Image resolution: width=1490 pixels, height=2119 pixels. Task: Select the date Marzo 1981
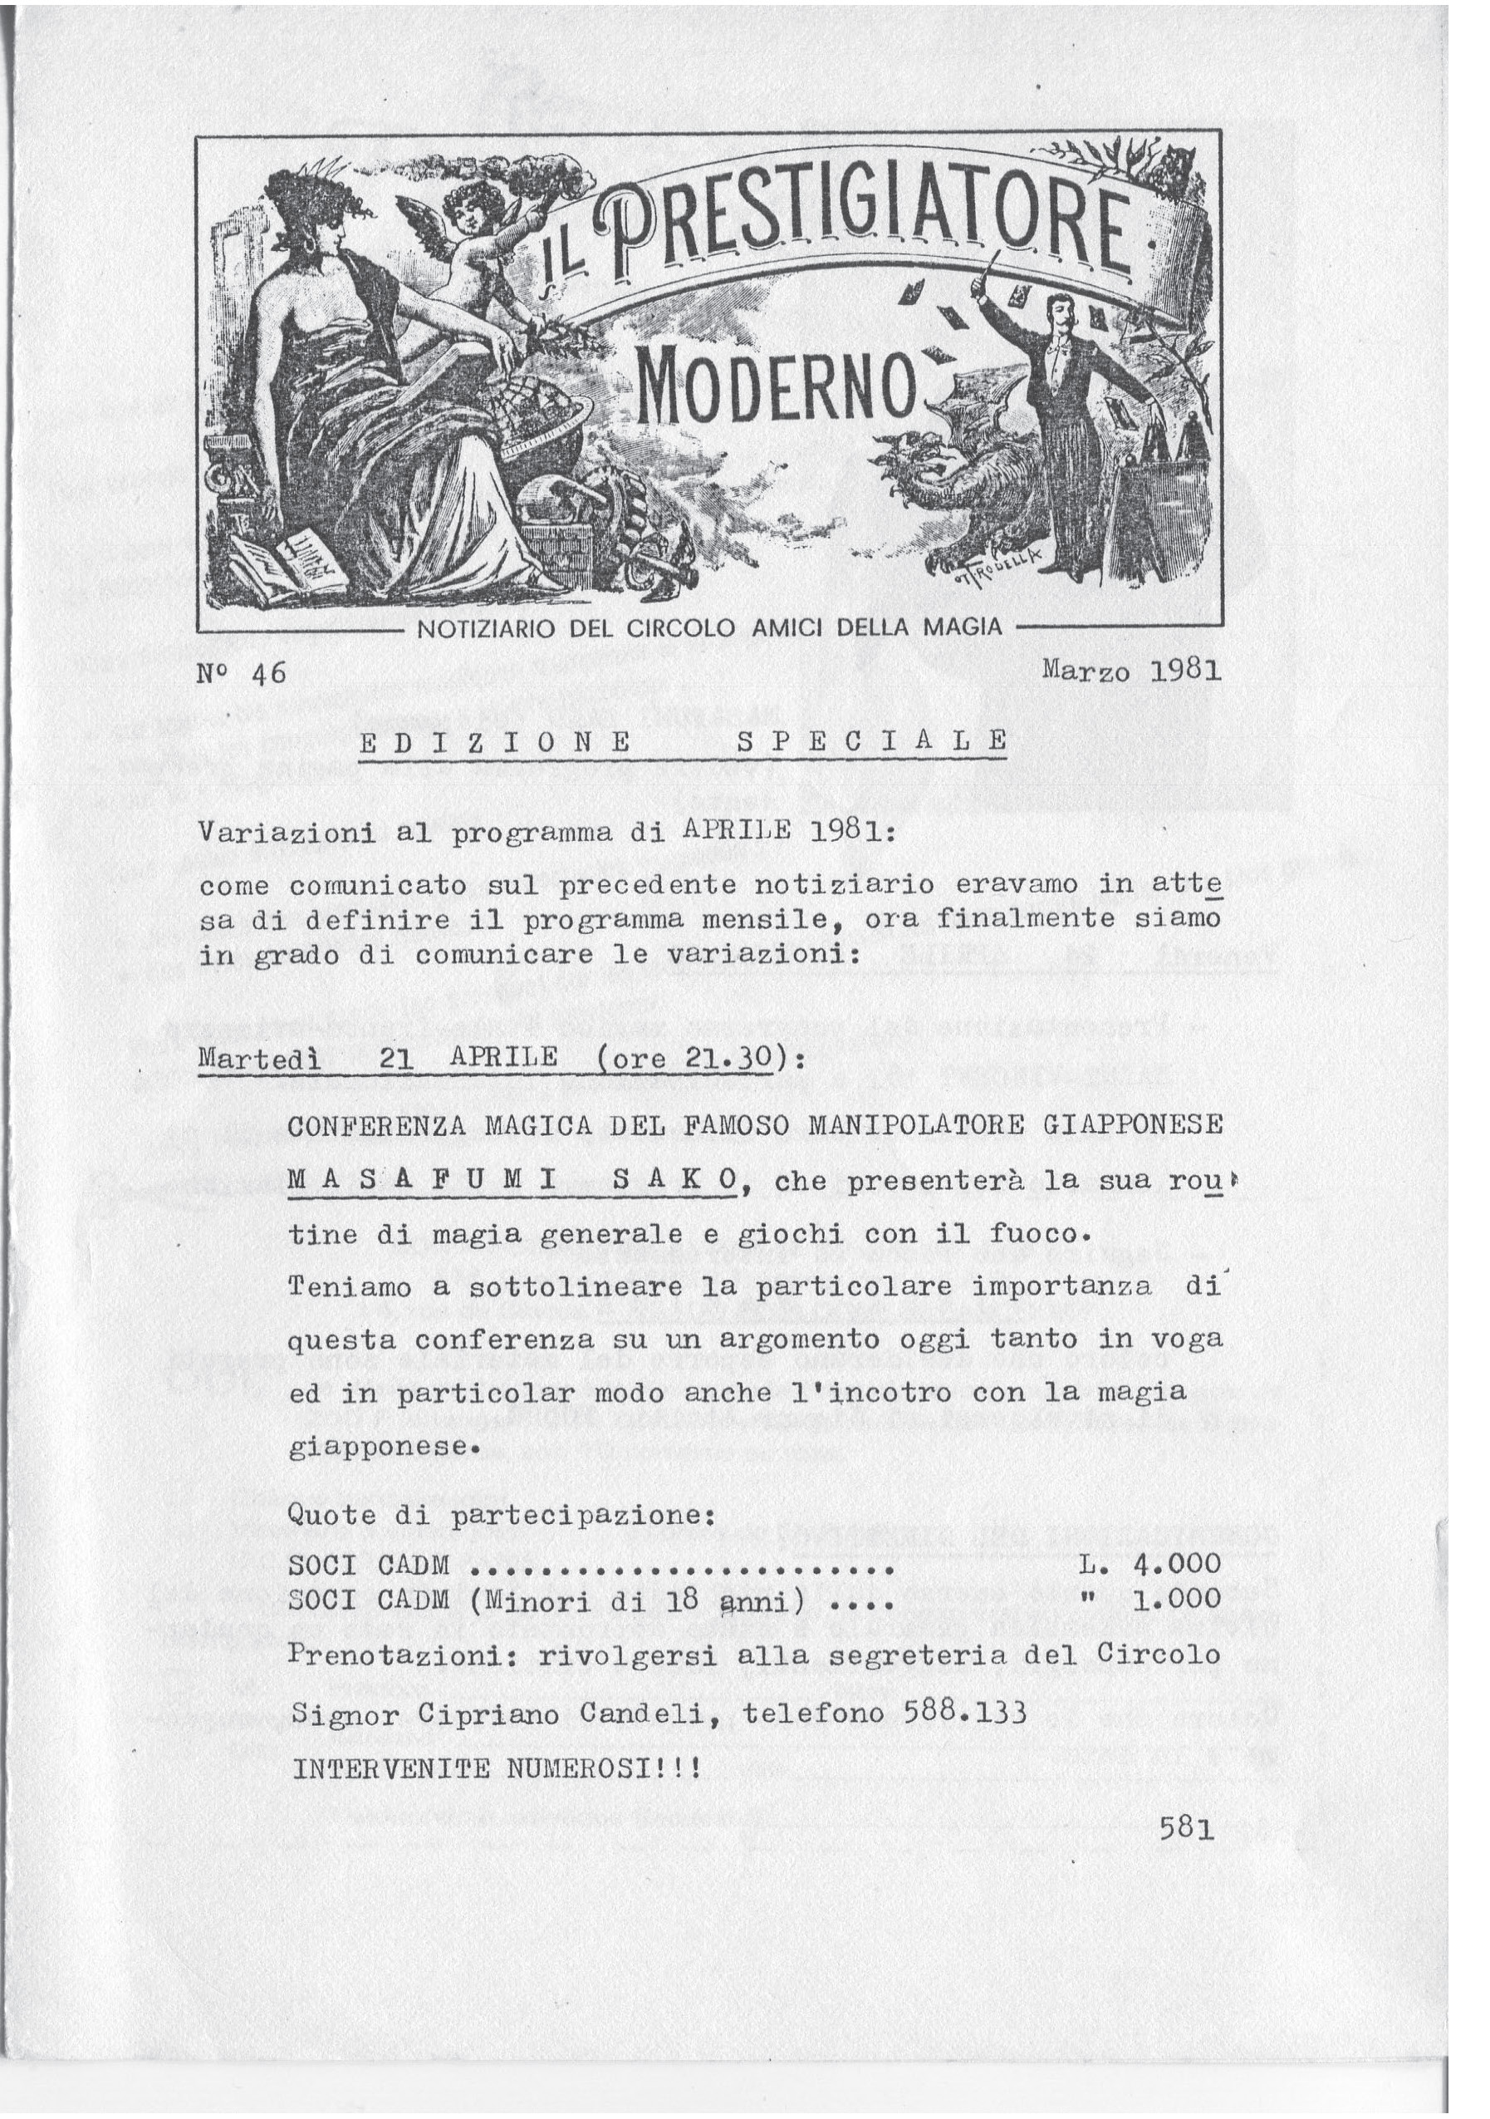(1131, 670)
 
